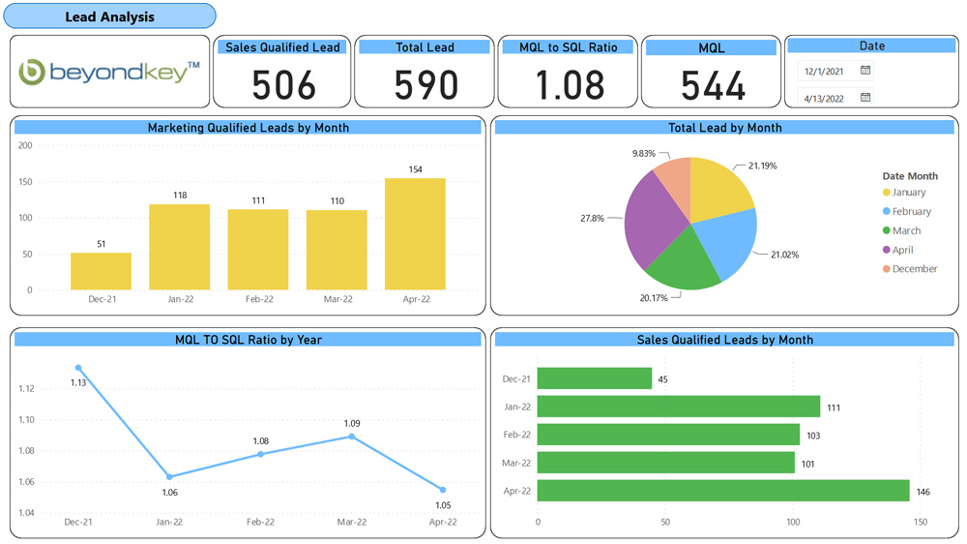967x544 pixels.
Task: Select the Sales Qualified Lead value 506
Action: pos(283,85)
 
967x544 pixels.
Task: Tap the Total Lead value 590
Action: pos(425,85)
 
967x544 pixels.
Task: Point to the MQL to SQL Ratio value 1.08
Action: pos(569,85)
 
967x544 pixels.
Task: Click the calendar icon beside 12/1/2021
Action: pos(865,71)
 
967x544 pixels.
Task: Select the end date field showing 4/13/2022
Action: pos(824,98)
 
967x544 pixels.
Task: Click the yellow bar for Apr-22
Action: pos(415,233)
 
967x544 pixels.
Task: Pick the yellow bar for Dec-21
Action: pos(102,271)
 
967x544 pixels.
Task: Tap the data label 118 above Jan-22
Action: pos(180,196)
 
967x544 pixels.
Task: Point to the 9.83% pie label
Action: pos(643,154)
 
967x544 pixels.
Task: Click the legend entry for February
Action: pos(911,211)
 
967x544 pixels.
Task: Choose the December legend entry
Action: pos(914,269)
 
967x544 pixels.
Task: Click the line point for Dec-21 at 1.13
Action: pos(78,368)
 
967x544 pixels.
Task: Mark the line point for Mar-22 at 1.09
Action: pos(352,437)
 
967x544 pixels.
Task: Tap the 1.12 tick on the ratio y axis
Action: pos(26,389)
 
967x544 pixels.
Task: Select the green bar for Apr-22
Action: pos(722,491)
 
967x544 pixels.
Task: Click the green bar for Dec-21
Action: pos(595,378)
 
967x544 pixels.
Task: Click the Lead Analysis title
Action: pos(109,16)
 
